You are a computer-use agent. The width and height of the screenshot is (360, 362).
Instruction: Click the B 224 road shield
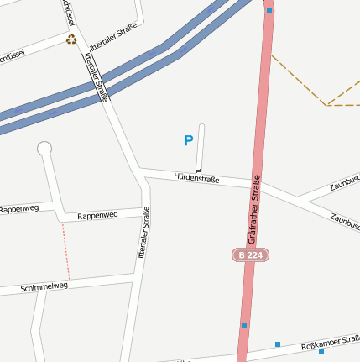pos(251,254)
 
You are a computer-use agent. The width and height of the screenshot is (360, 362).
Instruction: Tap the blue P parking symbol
pos(188,141)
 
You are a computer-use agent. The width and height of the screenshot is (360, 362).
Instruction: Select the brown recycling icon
pos(71,39)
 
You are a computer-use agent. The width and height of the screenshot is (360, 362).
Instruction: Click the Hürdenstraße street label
pos(196,178)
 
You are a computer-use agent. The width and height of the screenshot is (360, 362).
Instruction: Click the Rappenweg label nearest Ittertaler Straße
pos(97,216)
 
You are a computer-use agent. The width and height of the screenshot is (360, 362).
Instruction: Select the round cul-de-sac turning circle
pos(44,149)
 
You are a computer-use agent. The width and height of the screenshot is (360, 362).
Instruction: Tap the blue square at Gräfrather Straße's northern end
pos(269,11)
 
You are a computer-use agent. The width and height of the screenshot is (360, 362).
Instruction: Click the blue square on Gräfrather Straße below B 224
pos(244,326)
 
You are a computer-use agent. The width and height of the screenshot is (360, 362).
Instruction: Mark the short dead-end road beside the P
pos(200,146)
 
